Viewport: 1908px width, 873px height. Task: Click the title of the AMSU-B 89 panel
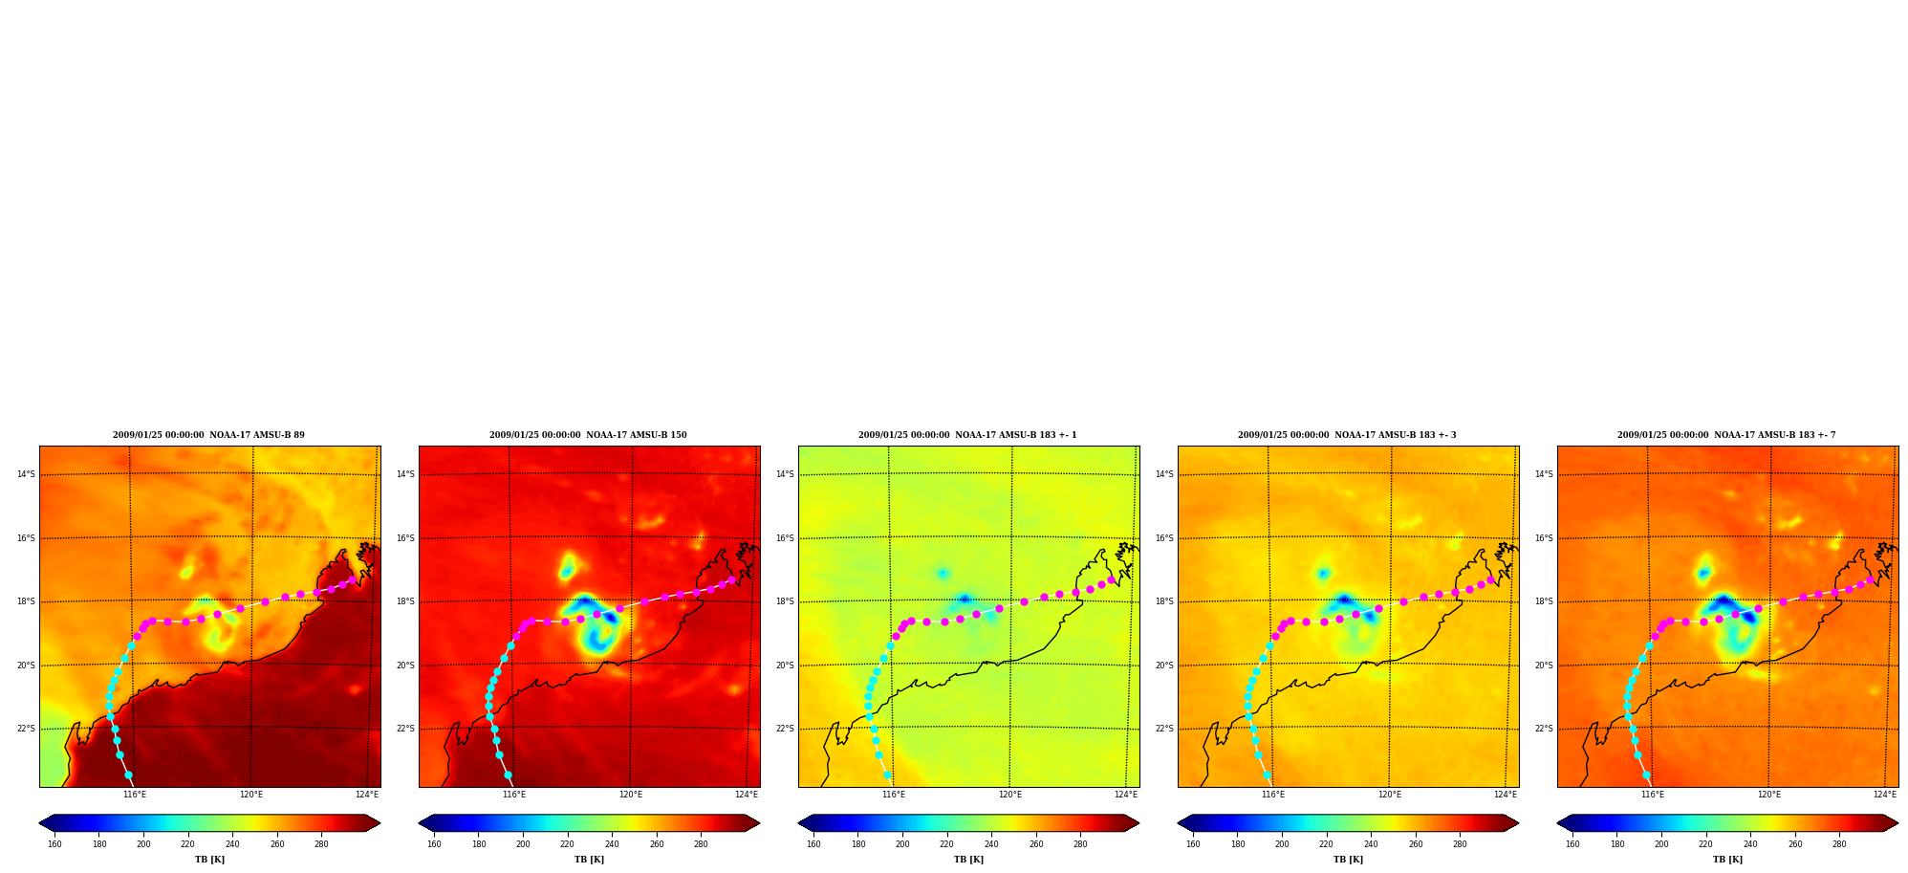point(208,435)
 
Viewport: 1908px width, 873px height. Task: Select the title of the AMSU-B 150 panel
point(588,435)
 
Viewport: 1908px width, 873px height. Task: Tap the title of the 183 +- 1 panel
point(967,435)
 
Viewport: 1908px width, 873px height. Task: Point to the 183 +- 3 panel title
point(1347,435)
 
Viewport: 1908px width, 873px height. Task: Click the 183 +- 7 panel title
point(1726,435)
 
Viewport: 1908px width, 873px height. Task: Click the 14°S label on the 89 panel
point(26,474)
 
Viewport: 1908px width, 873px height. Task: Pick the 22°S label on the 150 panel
point(405,729)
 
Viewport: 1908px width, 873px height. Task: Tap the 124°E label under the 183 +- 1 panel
point(1126,795)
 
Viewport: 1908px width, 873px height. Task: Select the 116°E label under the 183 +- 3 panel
point(1273,795)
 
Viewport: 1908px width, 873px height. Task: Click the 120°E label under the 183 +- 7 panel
point(1769,795)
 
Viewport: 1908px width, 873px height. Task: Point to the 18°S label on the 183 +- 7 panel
point(1544,601)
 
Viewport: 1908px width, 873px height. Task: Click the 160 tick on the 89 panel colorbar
point(54,844)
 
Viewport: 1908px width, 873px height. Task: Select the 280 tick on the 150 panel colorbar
point(701,844)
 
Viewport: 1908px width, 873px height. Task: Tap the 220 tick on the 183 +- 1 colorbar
point(946,844)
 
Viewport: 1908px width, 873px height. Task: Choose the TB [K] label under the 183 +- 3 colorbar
point(1348,860)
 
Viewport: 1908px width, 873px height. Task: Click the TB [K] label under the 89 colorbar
point(209,860)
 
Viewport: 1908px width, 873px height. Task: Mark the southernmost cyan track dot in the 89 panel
point(128,775)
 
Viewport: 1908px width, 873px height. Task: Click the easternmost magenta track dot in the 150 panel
point(731,579)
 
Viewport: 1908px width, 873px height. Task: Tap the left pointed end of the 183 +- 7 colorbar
point(1558,822)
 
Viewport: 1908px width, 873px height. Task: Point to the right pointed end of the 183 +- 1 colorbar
point(1138,822)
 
